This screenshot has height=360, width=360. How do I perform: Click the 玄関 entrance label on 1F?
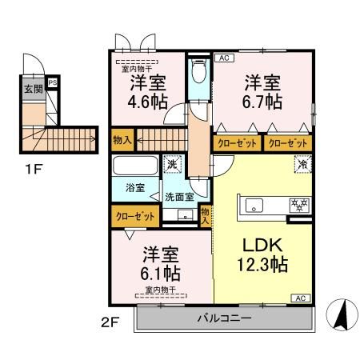(34, 89)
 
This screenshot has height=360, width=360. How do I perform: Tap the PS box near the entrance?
(53, 82)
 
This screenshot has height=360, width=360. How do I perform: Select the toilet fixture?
(199, 70)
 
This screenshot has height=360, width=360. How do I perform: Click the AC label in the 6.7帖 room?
(224, 58)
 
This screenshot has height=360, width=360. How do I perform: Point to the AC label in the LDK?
(301, 298)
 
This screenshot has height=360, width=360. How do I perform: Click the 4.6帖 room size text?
(148, 102)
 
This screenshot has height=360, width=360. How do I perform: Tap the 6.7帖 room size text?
(262, 102)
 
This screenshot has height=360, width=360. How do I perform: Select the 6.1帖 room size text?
(161, 274)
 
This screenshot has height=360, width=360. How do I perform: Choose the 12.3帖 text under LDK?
(262, 264)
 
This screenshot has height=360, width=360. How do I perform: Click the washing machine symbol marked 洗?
(172, 164)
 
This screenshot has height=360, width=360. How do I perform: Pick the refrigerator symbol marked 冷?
(303, 164)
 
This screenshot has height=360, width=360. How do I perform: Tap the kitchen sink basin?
(254, 206)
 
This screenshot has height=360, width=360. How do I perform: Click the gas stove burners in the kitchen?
(300, 205)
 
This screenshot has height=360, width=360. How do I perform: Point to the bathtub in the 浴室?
(135, 166)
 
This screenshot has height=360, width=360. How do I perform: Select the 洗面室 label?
(179, 197)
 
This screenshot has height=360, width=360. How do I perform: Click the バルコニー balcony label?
(224, 318)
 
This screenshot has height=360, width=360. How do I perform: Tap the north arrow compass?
(342, 315)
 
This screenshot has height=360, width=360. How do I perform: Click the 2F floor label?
(110, 323)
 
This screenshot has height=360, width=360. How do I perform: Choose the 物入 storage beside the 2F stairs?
(122, 140)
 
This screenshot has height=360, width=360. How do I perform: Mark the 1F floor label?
(34, 169)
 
